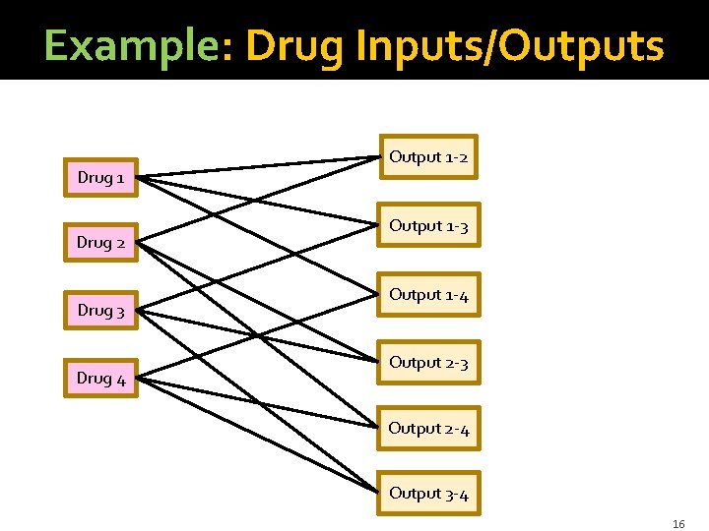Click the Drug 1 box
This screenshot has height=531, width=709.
point(101,178)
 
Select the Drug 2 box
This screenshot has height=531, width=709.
point(101,242)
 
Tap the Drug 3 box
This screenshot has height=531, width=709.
point(101,311)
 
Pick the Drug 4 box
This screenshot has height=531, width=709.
point(101,378)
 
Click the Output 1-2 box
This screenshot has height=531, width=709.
point(429,157)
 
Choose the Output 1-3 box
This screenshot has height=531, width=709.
point(429,226)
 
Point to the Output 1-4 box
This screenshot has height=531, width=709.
point(429,295)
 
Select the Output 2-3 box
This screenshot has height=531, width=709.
point(429,363)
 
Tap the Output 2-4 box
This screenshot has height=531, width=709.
point(429,429)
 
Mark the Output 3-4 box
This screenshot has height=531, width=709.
point(429,494)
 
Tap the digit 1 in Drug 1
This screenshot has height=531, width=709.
point(119,178)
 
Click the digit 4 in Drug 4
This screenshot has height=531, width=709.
point(120,378)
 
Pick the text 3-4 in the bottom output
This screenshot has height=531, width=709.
point(456,494)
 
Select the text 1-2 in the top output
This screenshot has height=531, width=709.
point(456,157)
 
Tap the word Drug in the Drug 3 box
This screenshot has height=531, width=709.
point(95,311)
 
